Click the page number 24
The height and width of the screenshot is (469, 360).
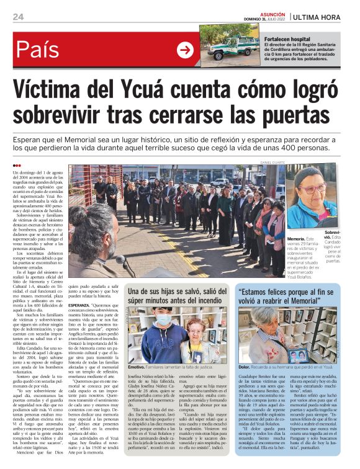[18, 16]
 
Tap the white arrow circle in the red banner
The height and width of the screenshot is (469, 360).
[185, 50]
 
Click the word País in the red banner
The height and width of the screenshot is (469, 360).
[38, 50]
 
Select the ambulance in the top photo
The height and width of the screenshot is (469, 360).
[230, 48]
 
